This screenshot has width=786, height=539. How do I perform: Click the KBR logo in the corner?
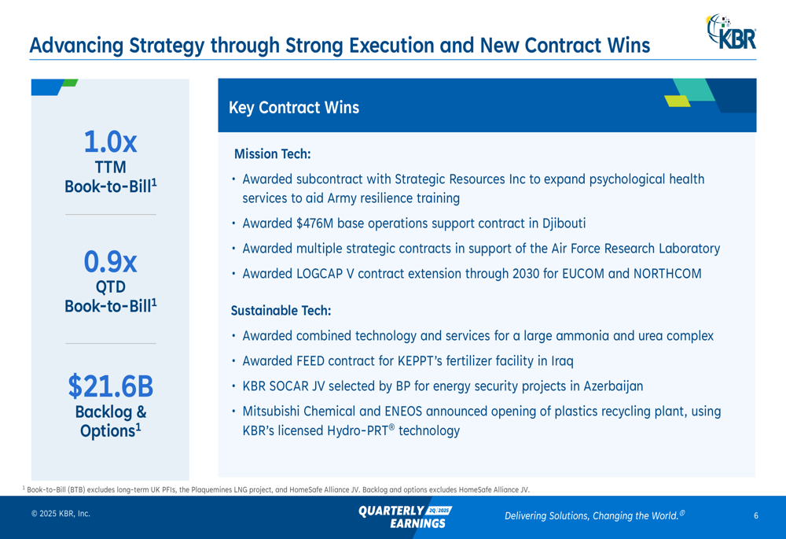click(731, 31)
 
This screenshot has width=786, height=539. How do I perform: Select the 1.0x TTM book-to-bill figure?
click(110, 142)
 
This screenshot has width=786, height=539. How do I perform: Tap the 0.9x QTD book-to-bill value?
click(110, 261)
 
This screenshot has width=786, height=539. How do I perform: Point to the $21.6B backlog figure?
click(111, 386)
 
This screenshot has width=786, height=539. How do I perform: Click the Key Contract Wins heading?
click(294, 107)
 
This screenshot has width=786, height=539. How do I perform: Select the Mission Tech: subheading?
click(272, 154)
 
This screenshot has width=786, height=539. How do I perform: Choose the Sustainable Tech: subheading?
click(281, 311)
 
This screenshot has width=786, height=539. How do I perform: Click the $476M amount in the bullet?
click(315, 223)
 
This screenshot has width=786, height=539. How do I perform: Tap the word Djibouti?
click(564, 223)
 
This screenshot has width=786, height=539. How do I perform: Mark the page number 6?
click(756, 515)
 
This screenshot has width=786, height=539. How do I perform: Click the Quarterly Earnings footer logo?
click(405, 517)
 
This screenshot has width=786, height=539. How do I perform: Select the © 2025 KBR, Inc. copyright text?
click(61, 513)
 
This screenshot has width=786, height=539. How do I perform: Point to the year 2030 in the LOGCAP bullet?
click(526, 274)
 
